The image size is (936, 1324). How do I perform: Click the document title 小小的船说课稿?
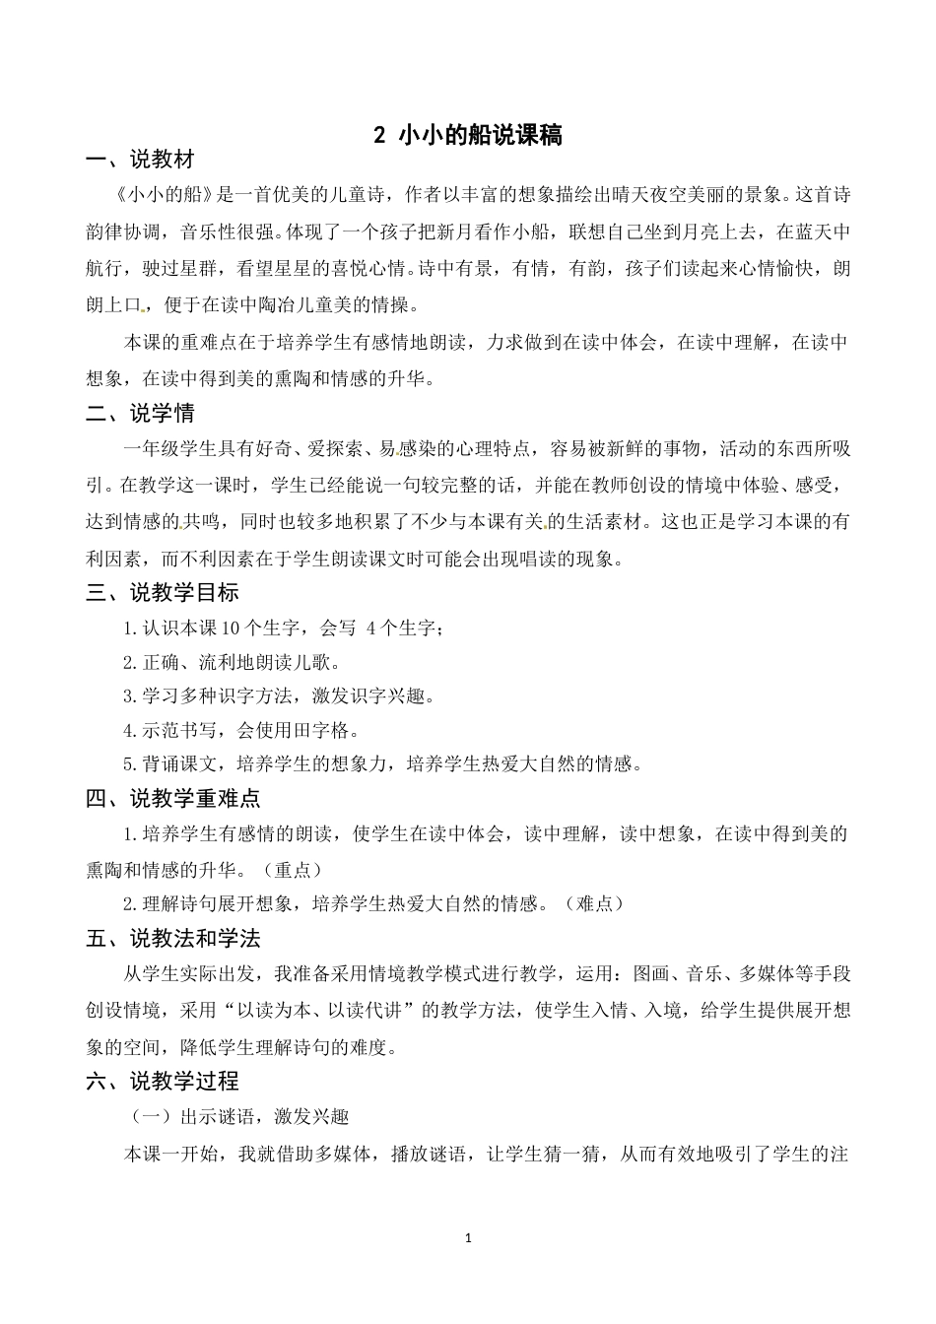[x=480, y=136]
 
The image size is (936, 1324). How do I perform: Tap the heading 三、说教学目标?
[x=163, y=592]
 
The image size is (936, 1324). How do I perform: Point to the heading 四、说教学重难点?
[x=173, y=798]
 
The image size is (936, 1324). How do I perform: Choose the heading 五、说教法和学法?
[x=173, y=938]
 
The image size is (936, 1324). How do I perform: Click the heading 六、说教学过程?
[x=163, y=1081]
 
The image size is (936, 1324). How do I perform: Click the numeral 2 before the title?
[x=381, y=136]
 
